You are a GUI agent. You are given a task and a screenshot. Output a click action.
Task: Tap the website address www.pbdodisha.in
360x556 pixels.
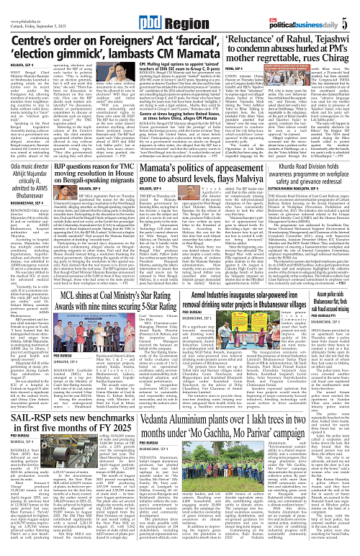point(24,4)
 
